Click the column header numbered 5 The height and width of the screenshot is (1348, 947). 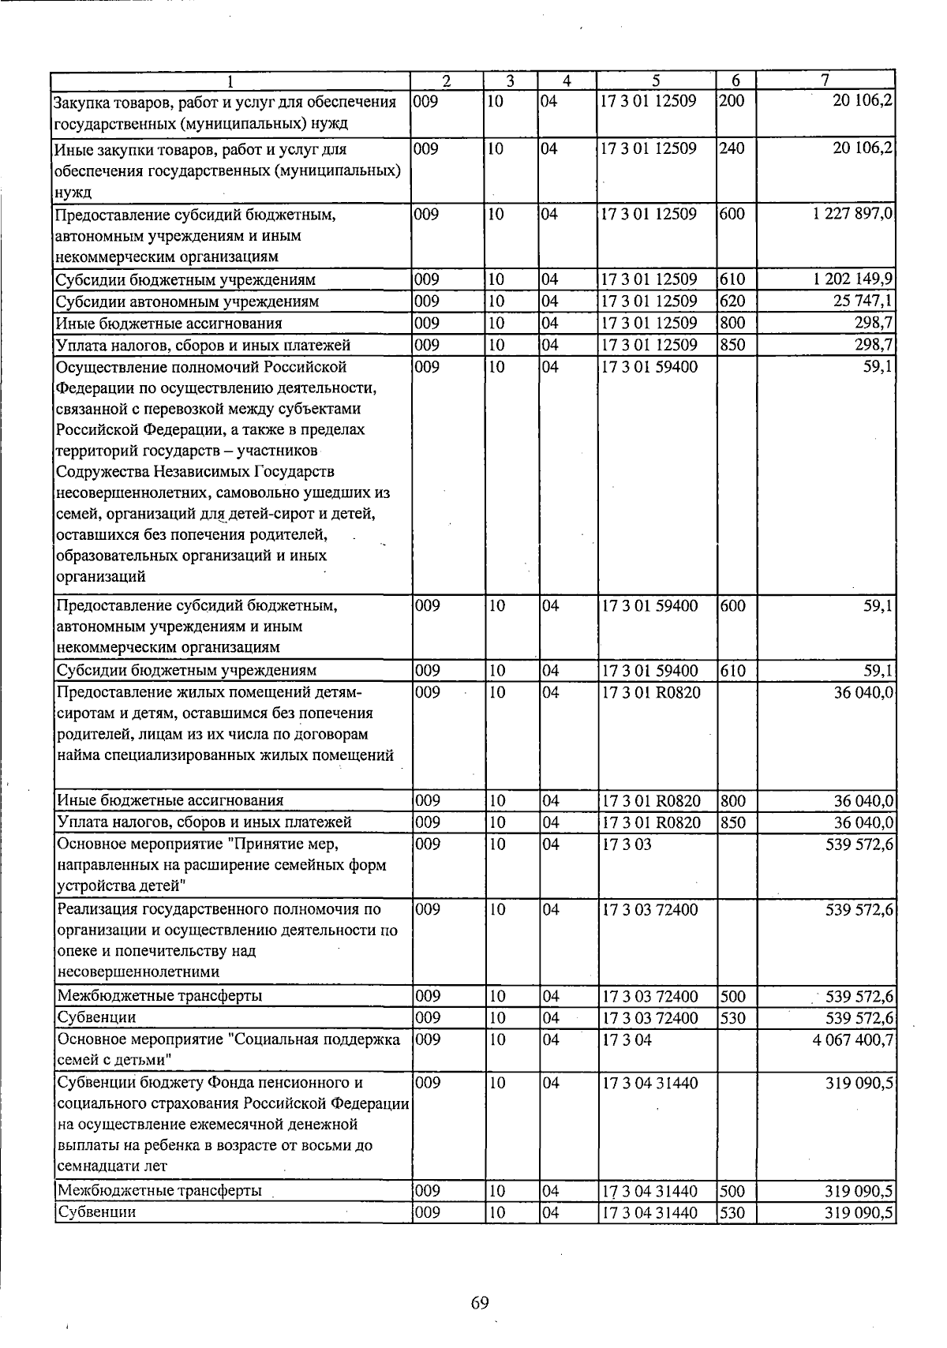coord(656,81)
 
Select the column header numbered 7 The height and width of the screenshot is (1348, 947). coord(825,81)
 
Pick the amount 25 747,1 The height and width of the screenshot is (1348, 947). coord(861,301)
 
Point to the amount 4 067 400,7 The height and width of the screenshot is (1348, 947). coord(852,1040)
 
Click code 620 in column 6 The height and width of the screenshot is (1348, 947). coord(732,301)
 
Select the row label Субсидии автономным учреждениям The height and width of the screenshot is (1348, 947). coord(187,301)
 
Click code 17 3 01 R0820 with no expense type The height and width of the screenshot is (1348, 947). coord(650,693)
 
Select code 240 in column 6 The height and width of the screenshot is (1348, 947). coord(732,149)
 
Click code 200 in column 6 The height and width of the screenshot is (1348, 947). coord(732,102)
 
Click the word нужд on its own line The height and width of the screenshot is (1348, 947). coord(73,193)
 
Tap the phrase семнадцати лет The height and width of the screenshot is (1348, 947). coord(112,1166)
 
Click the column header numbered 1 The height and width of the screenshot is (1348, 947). coord(230,81)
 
